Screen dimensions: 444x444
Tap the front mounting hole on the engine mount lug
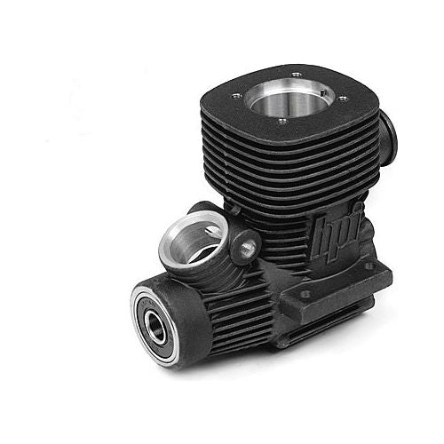305,294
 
